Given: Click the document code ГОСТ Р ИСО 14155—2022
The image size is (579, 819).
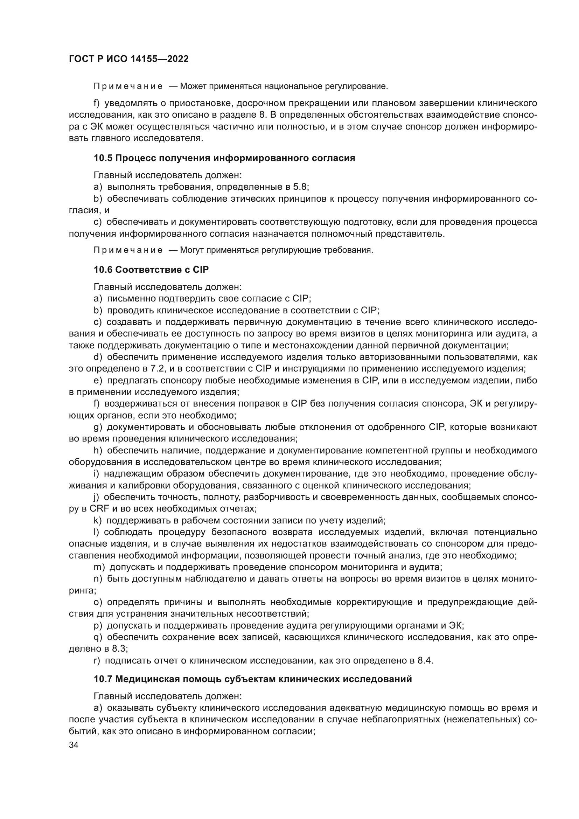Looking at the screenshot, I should [129, 59].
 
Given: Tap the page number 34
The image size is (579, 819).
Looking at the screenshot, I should [74, 745].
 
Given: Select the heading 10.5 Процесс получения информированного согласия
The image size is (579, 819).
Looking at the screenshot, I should [224, 158].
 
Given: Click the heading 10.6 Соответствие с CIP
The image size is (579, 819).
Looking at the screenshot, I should [151, 270].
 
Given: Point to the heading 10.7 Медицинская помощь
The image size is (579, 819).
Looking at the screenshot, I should [252, 679].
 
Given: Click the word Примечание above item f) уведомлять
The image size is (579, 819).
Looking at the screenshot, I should [128, 86].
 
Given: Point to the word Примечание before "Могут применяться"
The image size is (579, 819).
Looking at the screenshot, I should [128, 250].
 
